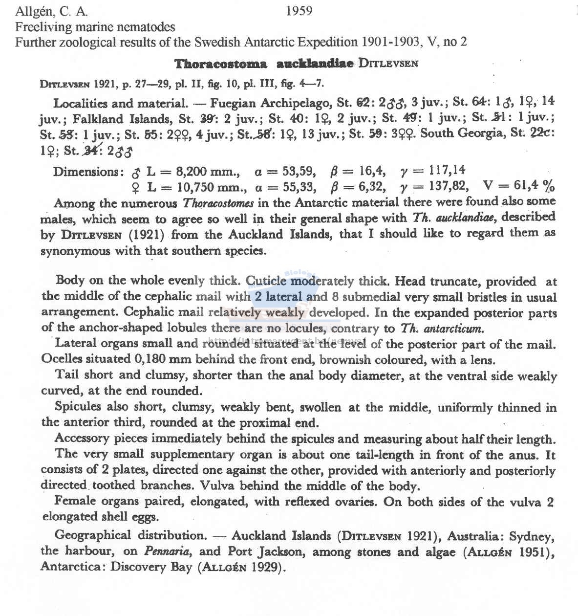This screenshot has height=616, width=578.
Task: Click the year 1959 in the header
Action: tap(299, 11)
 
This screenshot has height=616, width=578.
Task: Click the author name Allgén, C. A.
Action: tap(51, 11)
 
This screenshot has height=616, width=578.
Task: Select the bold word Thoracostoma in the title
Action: tap(221, 64)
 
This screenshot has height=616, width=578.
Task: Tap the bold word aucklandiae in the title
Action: tap(315, 64)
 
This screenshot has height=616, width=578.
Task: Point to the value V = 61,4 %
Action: tap(519, 186)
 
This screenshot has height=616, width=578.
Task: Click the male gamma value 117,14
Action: tap(447, 170)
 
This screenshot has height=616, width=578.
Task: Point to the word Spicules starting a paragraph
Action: tap(78, 407)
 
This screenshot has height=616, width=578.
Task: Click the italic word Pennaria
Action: tap(164, 551)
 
